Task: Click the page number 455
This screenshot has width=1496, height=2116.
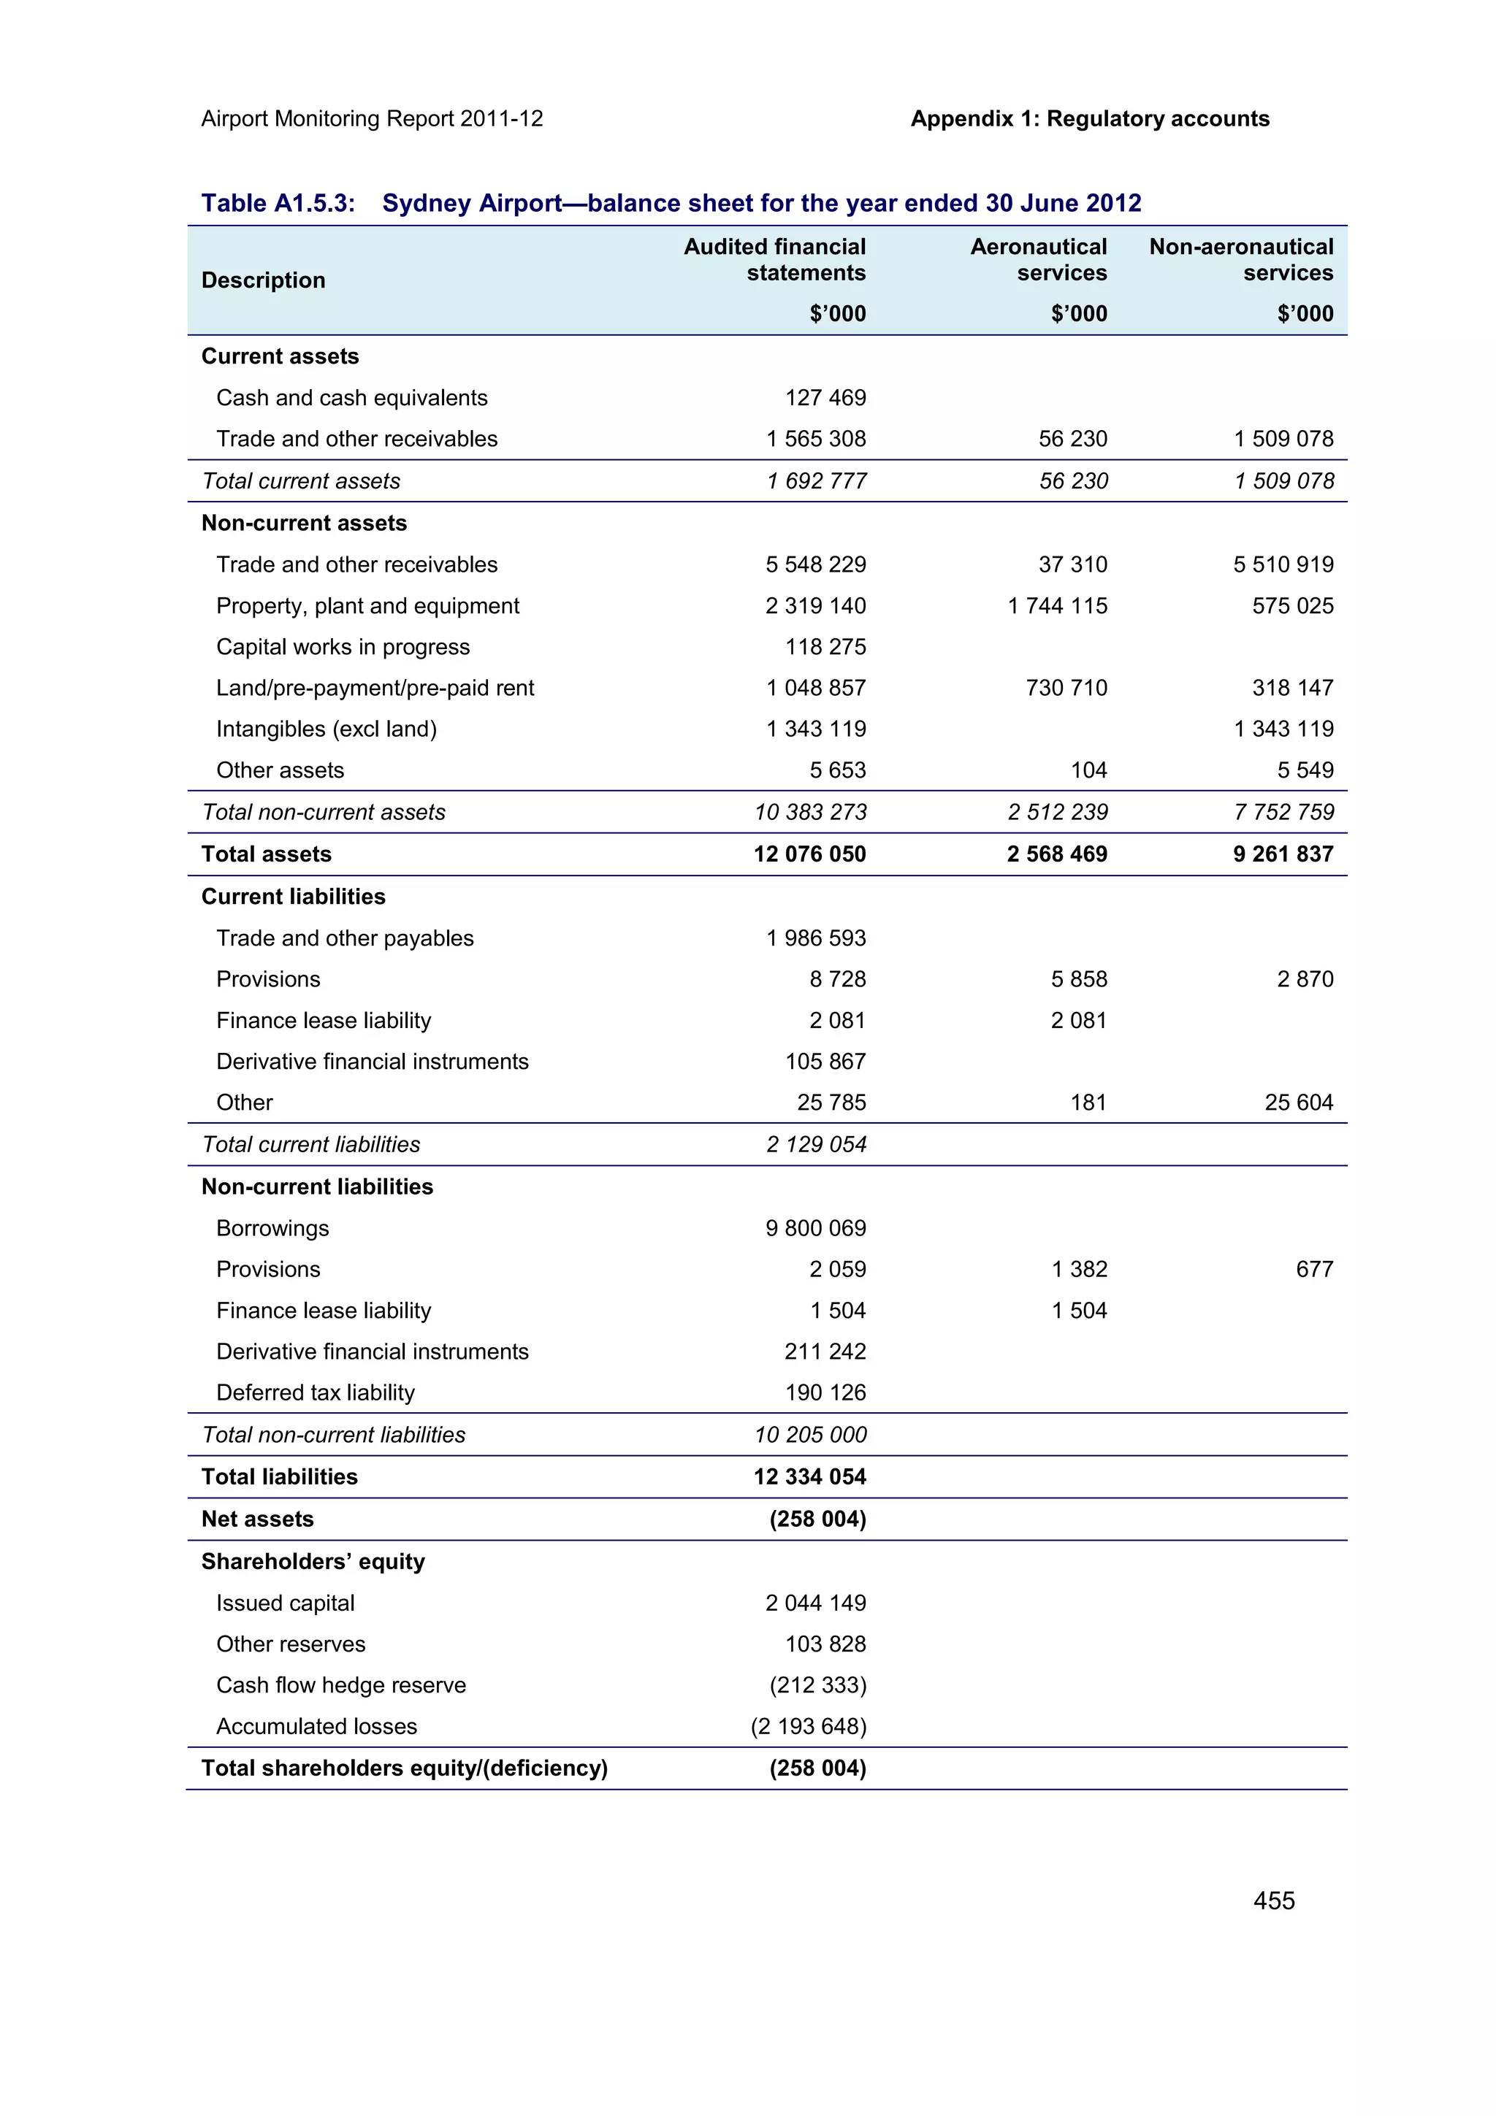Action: point(1273,1901)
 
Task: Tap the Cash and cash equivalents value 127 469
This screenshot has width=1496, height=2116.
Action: point(825,398)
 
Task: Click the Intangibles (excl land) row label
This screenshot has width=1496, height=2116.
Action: point(327,729)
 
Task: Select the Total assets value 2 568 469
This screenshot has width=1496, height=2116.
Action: point(1056,854)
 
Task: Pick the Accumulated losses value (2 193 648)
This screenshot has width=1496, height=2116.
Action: point(809,1726)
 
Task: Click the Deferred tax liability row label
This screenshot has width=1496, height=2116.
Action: point(316,1392)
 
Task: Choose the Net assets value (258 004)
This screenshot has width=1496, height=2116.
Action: point(817,1519)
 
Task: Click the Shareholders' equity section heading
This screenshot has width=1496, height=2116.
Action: point(313,1561)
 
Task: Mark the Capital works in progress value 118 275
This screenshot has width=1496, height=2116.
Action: point(825,647)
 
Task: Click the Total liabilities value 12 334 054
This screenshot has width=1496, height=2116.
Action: point(809,1476)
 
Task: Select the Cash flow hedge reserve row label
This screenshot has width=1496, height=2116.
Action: point(341,1684)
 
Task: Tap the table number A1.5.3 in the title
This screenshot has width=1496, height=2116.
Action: point(316,203)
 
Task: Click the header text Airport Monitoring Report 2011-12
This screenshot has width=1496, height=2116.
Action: point(372,119)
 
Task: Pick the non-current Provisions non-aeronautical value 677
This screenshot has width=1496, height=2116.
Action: point(1313,1269)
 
